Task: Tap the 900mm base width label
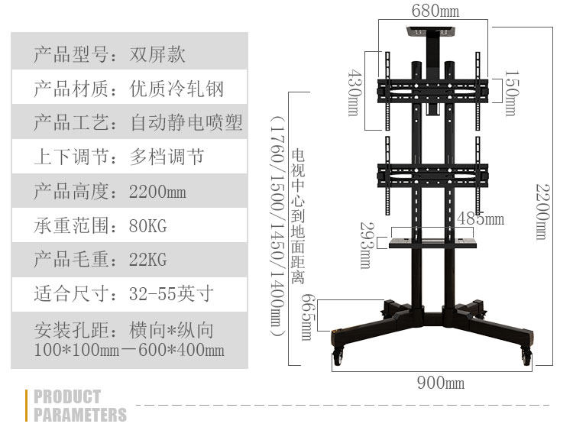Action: point(440,383)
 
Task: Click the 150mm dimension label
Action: point(510,94)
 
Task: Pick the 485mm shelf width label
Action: point(481,219)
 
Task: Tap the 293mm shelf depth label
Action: point(365,244)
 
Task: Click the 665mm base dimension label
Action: point(307,317)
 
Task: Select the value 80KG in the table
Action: point(148,226)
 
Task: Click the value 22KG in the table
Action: point(148,260)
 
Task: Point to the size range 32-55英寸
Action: point(172,293)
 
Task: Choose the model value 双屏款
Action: point(158,55)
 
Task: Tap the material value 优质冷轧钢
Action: point(177,89)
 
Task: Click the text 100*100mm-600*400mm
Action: point(129,351)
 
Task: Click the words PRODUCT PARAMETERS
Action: point(80,406)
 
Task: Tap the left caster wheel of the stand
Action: point(338,355)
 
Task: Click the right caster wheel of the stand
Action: point(526,355)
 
